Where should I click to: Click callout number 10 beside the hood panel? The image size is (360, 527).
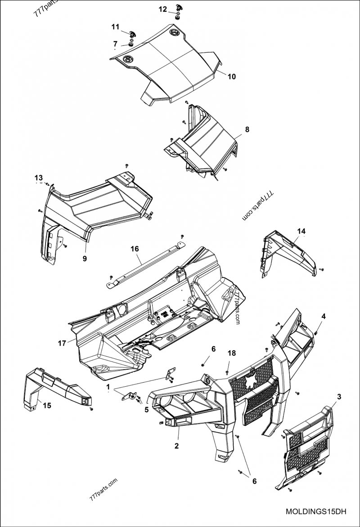pos(231,76)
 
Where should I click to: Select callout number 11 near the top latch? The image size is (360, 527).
pos(116,27)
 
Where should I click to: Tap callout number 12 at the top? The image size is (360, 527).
pos(163,9)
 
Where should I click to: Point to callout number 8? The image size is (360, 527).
pos(247,129)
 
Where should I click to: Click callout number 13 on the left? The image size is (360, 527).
pos(39,177)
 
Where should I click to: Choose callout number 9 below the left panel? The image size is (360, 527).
pos(85,259)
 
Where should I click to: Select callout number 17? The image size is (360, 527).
pos(62,343)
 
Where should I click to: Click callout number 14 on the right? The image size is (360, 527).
pos(301,231)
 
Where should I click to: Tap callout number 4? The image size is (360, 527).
pos(323,316)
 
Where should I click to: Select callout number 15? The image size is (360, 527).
pos(47,405)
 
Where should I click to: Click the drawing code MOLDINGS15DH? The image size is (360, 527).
pos(316,512)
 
